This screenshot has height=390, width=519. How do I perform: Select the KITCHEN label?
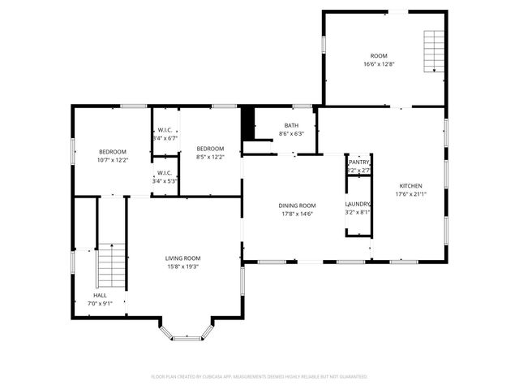(409, 185)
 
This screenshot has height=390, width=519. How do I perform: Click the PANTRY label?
(358, 162)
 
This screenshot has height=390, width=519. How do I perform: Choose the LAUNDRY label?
(358, 204)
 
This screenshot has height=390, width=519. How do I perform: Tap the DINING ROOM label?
(297, 206)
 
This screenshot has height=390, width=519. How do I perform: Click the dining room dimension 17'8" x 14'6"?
(297, 214)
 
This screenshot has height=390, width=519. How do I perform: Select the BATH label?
(291, 125)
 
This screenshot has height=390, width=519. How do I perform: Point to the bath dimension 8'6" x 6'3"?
(291, 134)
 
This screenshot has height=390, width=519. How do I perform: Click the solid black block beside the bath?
(249, 123)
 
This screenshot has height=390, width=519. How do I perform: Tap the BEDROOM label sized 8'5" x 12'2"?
(210, 148)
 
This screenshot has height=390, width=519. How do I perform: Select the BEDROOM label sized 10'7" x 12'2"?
(113, 152)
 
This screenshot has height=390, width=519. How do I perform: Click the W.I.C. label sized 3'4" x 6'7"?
(165, 130)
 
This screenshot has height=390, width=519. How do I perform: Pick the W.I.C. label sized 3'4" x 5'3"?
(165, 172)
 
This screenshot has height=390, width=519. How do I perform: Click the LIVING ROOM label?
(182, 258)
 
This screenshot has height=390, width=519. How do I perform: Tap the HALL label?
(100, 295)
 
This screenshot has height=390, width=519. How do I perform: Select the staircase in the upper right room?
(435, 50)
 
